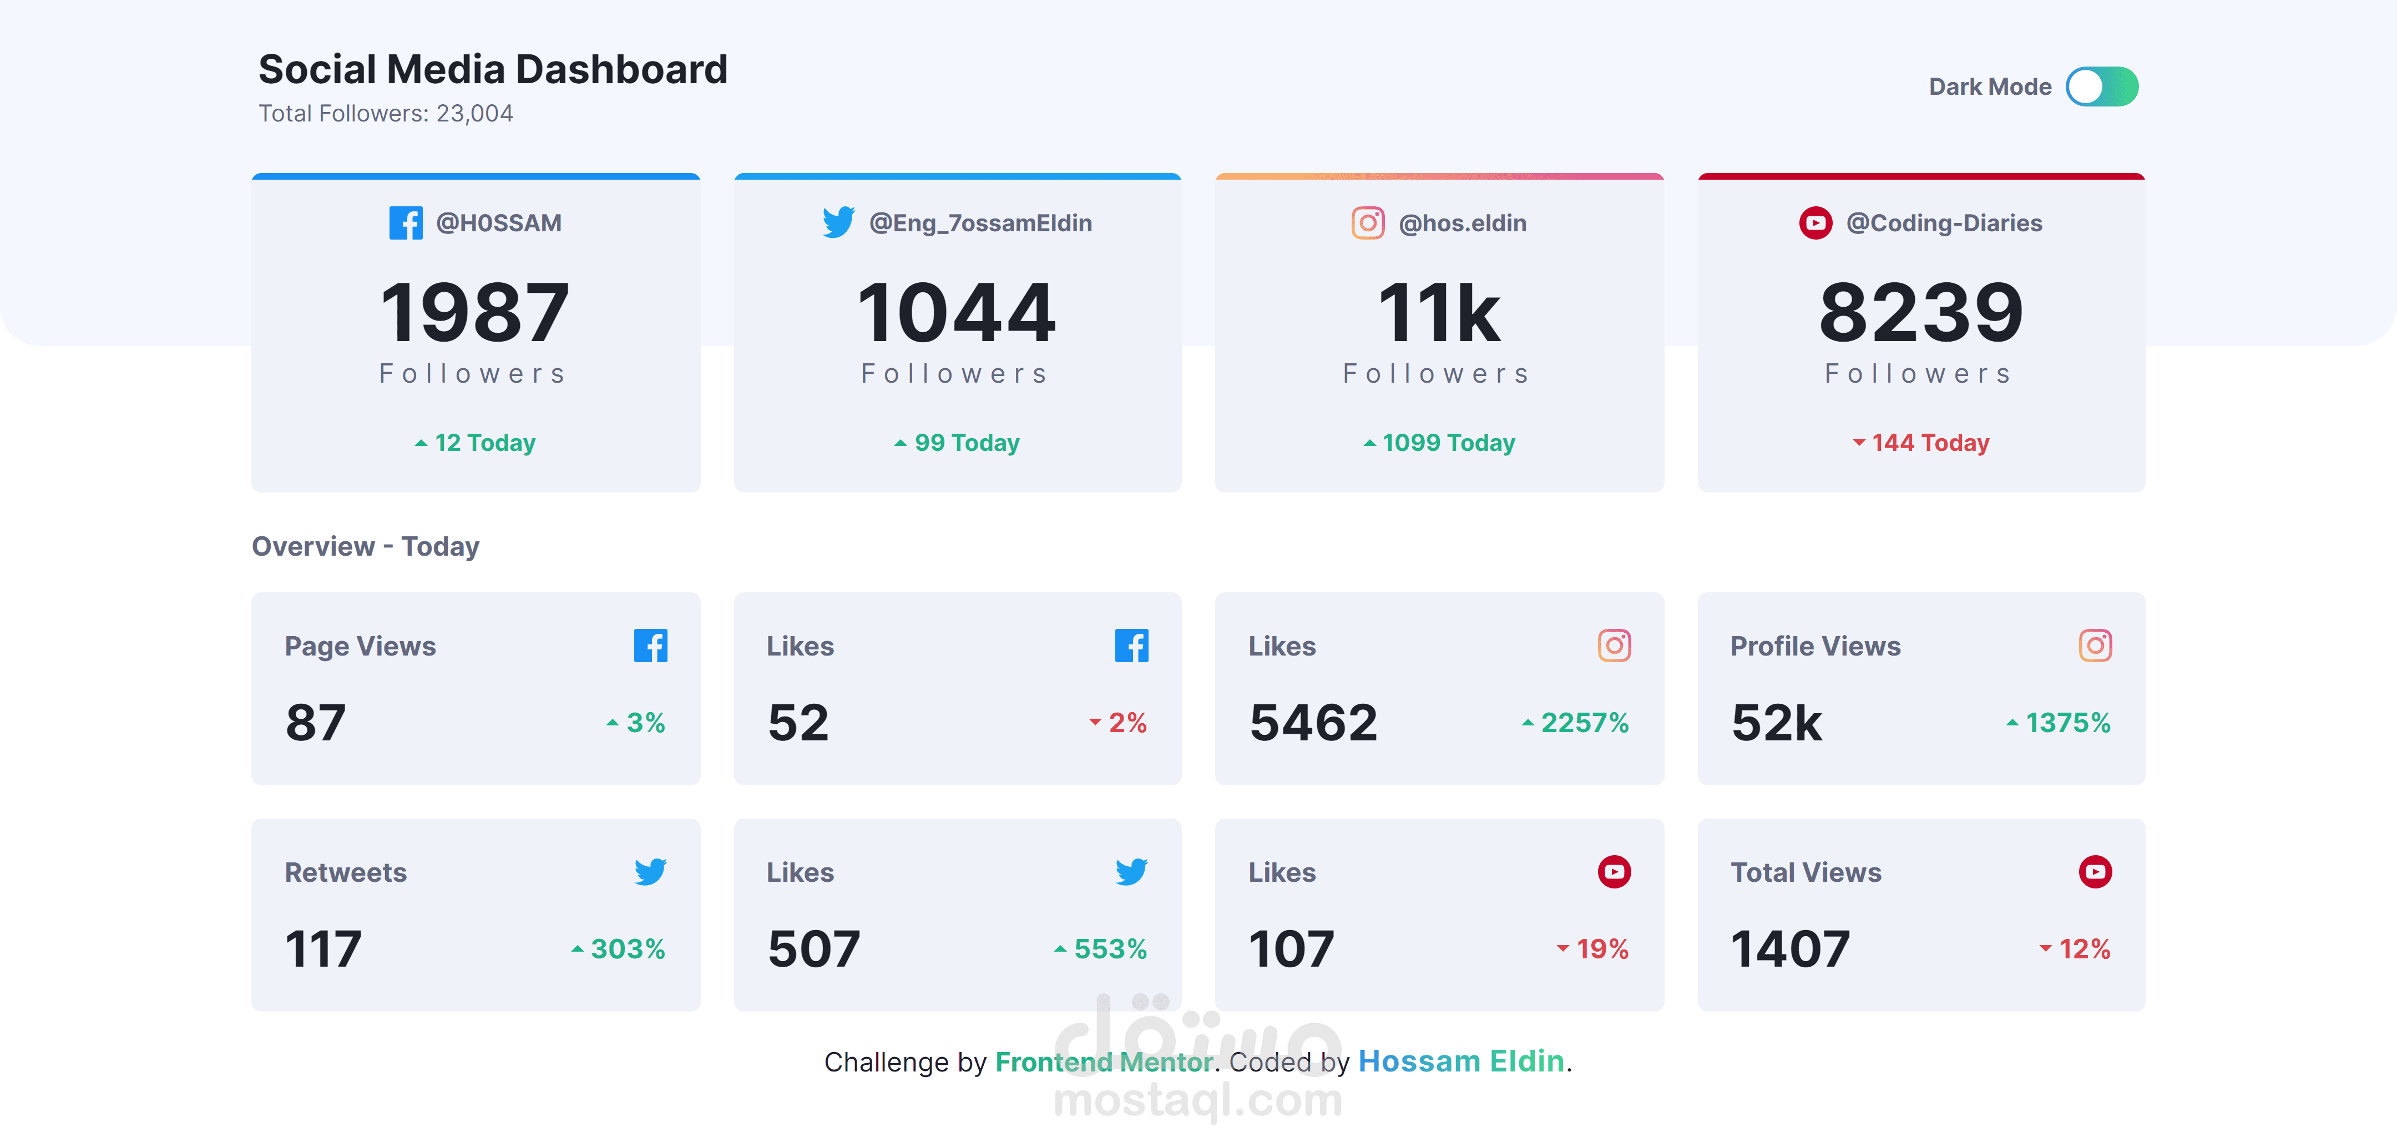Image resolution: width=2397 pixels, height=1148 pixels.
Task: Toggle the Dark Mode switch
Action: click(x=2101, y=87)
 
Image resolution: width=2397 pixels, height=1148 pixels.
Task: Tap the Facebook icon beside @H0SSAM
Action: click(x=406, y=223)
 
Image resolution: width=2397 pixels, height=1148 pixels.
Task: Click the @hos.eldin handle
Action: click(x=1462, y=223)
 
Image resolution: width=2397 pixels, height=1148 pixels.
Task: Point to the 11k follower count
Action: click(x=1439, y=313)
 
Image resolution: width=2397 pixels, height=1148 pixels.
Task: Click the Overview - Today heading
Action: click(x=366, y=546)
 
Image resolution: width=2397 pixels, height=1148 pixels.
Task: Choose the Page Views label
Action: click(x=360, y=646)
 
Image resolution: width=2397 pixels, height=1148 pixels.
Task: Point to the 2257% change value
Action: click(x=1584, y=723)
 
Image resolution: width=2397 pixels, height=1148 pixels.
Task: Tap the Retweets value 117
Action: click(x=323, y=949)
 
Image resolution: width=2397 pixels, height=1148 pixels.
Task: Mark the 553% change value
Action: click(x=1109, y=949)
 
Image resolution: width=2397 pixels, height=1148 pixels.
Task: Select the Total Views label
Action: click(x=1805, y=872)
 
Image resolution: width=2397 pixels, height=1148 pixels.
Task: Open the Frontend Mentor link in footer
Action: click(x=1104, y=1061)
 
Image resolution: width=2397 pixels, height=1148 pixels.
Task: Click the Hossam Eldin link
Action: click(x=1461, y=1061)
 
